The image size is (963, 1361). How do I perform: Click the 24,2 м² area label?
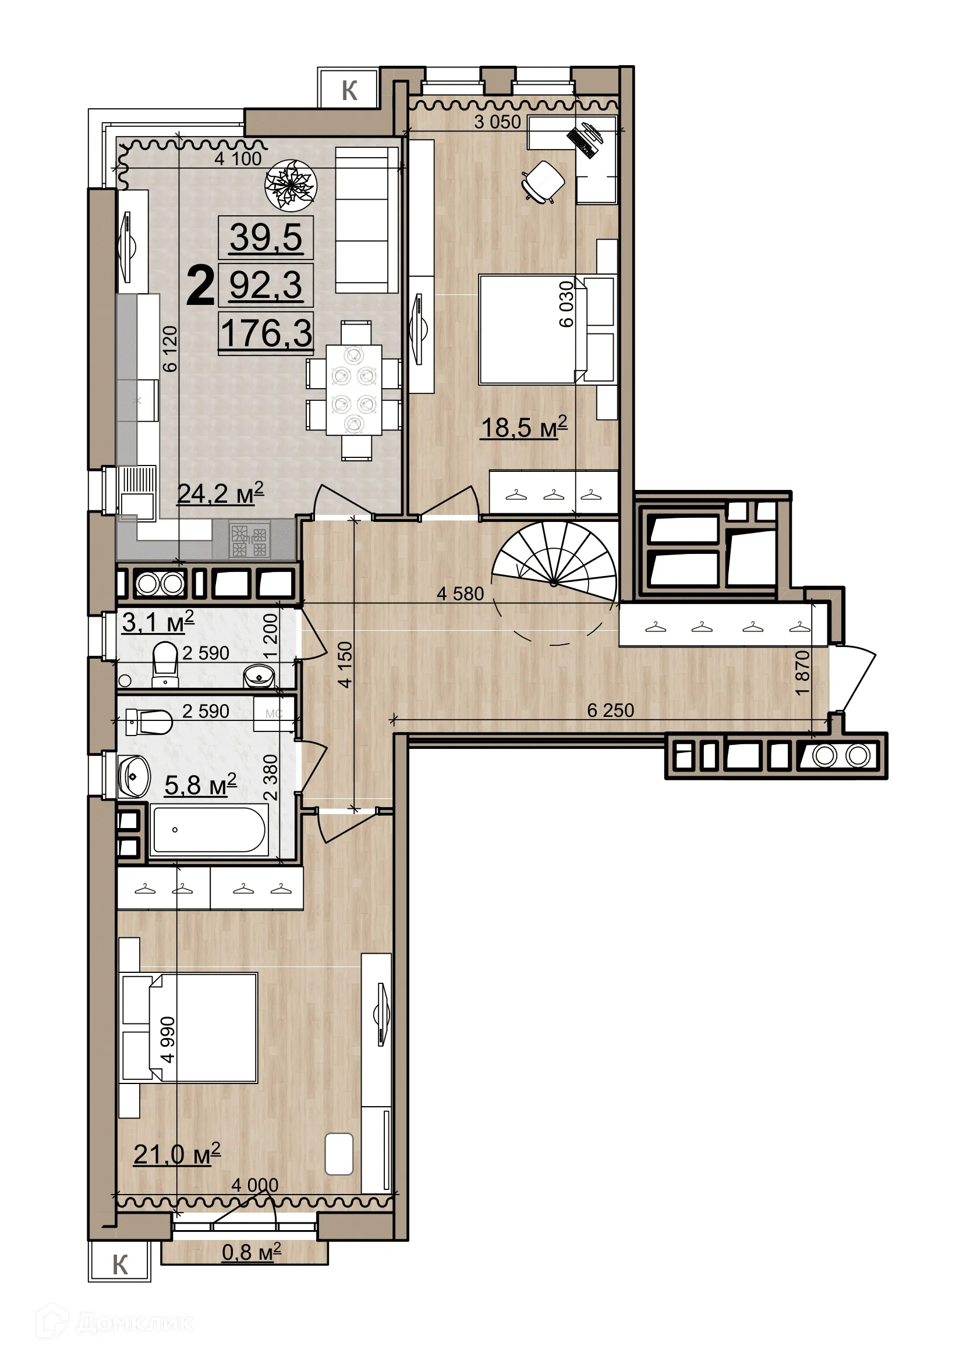click(x=220, y=493)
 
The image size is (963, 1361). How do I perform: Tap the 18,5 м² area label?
click(x=523, y=428)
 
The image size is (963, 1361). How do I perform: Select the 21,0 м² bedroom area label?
click(x=177, y=1153)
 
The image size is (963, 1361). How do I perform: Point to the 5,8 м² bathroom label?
click(x=200, y=785)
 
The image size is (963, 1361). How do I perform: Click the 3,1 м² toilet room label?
click(x=158, y=622)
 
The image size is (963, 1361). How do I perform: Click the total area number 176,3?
click(x=266, y=333)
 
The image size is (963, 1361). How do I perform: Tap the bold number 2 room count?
click(x=200, y=287)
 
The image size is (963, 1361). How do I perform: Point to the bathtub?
click(x=207, y=830)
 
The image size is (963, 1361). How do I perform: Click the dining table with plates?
click(x=353, y=389)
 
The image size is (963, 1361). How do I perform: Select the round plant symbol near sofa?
click(x=291, y=184)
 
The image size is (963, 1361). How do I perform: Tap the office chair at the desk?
click(x=543, y=182)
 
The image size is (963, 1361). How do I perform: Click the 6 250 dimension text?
click(x=610, y=710)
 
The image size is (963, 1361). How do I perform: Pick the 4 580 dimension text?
click(x=460, y=594)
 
